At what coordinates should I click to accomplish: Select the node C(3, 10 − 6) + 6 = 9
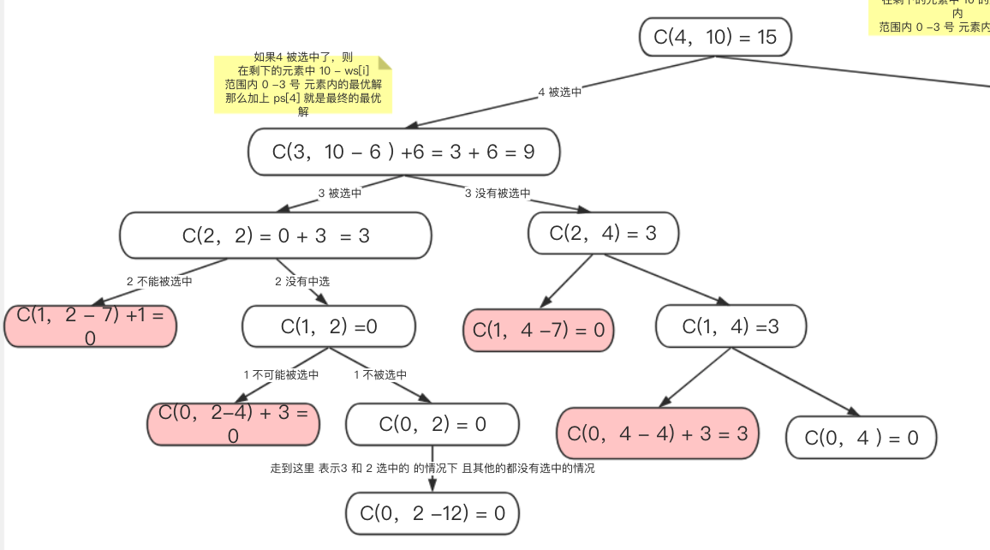click(403, 152)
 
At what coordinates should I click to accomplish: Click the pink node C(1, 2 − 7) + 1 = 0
click(90, 326)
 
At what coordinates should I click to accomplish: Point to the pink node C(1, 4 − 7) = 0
click(539, 330)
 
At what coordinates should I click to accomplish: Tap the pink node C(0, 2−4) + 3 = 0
click(233, 424)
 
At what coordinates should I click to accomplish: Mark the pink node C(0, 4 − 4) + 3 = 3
click(658, 433)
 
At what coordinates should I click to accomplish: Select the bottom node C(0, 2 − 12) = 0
click(432, 513)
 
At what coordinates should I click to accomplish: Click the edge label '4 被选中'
click(559, 93)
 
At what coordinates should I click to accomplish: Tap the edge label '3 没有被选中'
click(498, 193)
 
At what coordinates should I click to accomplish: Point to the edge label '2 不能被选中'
click(159, 281)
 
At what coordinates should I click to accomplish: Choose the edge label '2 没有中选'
click(302, 281)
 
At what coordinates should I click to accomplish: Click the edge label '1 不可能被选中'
click(281, 374)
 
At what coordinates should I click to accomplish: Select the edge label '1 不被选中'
click(380, 374)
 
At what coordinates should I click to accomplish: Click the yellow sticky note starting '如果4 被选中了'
click(303, 83)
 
